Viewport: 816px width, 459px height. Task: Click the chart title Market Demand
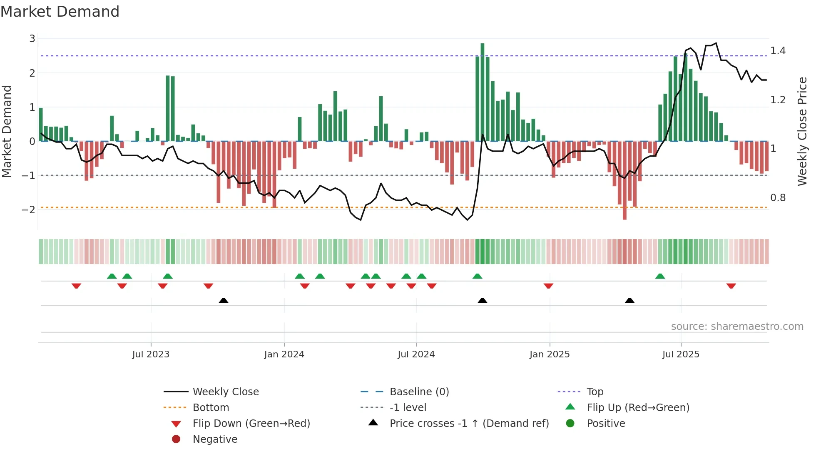coord(60,12)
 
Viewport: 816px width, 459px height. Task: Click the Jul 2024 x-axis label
coord(416,354)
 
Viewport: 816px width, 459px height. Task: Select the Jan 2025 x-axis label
coord(549,354)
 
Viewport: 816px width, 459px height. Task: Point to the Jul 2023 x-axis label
coord(151,354)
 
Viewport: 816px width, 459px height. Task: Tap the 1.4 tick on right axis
coord(778,51)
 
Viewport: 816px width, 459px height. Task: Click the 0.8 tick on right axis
coord(778,198)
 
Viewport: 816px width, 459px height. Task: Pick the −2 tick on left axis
coord(28,210)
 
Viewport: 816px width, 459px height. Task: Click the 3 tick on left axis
coord(32,39)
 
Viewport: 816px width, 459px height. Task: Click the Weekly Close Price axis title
coord(802,131)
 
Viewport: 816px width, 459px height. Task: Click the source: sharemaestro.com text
coord(737,327)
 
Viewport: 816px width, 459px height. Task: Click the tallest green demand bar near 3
coord(482,92)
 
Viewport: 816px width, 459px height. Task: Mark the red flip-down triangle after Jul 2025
coord(731,286)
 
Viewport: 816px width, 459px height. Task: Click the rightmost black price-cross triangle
coord(629,300)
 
